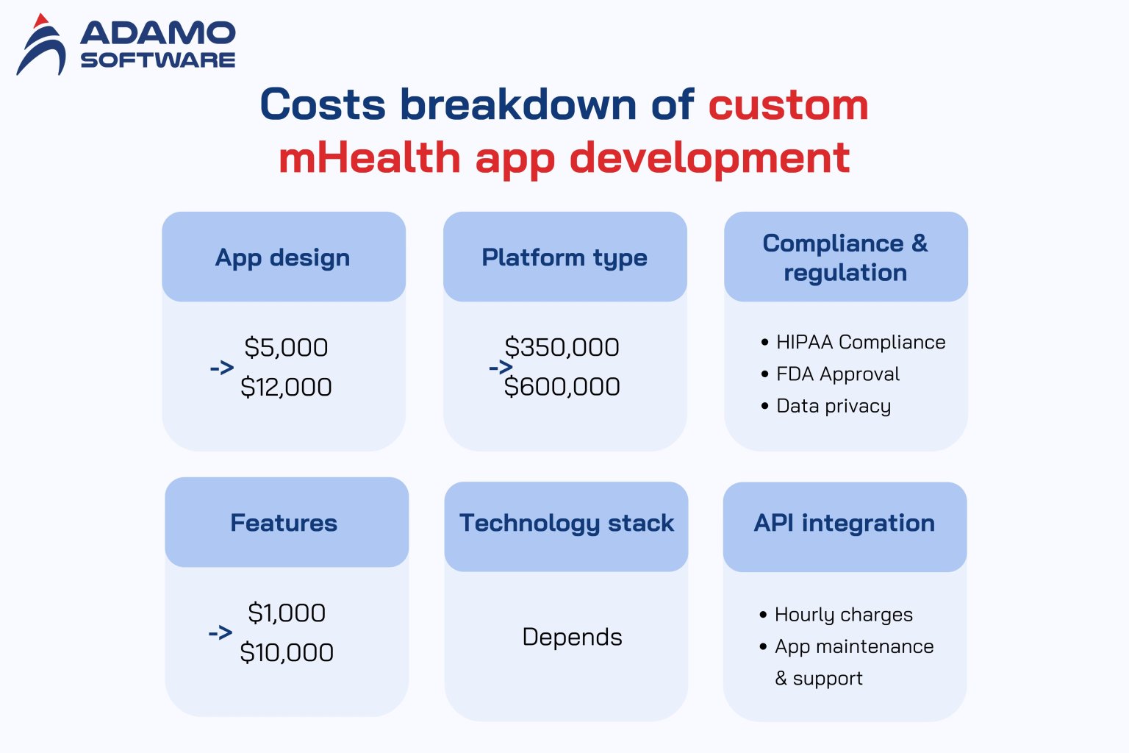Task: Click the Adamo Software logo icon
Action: pyautogui.click(x=42, y=46)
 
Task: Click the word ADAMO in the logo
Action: pyautogui.click(x=158, y=33)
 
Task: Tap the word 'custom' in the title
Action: pyautogui.click(x=788, y=104)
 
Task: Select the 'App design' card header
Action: pyautogui.click(x=283, y=257)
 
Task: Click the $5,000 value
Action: pyautogui.click(x=286, y=347)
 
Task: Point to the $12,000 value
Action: pyautogui.click(x=286, y=387)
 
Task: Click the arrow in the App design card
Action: pyautogui.click(x=221, y=368)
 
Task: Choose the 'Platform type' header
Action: pyautogui.click(x=564, y=257)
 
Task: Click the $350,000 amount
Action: pyautogui.click(x=562, y=347)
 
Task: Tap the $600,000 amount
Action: pyautogui.click(x=562, y=387)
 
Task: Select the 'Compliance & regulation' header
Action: pyautogui.click(x=845, y=257)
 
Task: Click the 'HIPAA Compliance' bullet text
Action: pyautogui.click(x=861, y=342)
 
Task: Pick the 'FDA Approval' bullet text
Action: pyautogui.click(x=838, y=374)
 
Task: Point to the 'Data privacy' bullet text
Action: pyautogui.click(x=834, y=406)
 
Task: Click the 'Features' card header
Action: pyautogui.click(x=284, y=523)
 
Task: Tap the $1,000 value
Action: pyautogui.click(x=287, y=613)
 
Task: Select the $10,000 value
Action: pyautogui.click(x=287, y=652)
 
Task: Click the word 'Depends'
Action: pyautogui.click(x=572, y=637)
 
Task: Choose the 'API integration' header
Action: pyautogui.click(x=845, y=523)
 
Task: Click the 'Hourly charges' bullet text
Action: pyautogui.click(x=844, y=615)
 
